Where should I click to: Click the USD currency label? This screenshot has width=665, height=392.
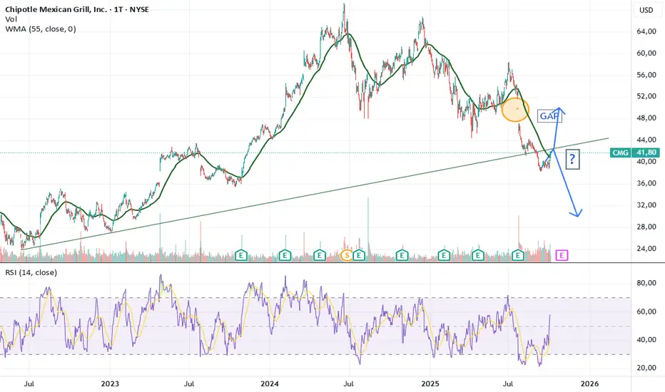[x=646, y=10]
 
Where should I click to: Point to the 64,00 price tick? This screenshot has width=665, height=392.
[x=645, y=31]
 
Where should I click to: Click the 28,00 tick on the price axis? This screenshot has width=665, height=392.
[x=645, y=227]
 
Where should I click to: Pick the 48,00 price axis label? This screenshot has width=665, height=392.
[x=645, y=118]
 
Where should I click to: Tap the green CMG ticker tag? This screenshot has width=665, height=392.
[x=619, y=153]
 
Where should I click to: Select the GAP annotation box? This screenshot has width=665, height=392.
[x=548, y=115]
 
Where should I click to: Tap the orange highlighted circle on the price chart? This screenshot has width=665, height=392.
[x=515, y=109]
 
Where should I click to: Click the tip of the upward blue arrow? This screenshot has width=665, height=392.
[x=561, y=108]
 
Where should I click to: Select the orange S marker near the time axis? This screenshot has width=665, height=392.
[x=347, y=254]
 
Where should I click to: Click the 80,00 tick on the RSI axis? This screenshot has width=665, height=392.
[x=645, y=284]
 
